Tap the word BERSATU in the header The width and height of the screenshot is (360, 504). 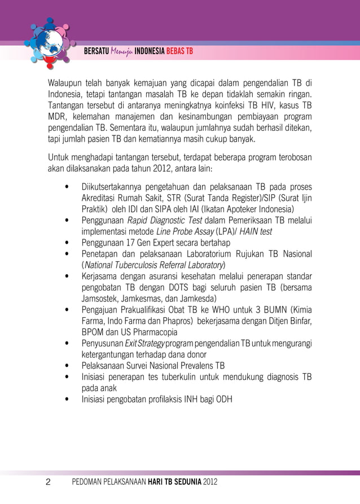[x=95, y=51]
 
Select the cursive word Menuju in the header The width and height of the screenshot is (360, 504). [x=121, y=51]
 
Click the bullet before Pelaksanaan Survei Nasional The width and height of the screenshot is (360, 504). [x=67, y=366]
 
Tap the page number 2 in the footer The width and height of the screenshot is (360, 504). [x=48, y=482]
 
